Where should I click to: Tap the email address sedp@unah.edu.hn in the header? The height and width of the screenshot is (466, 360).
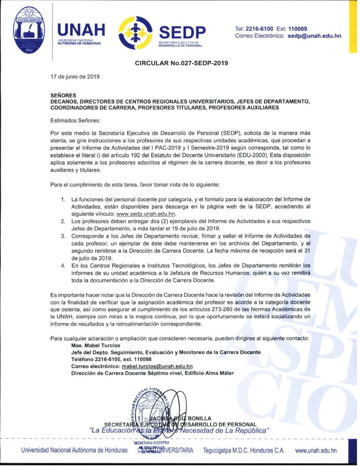point(314,36)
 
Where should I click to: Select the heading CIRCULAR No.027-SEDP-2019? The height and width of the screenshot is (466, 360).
point(181,63)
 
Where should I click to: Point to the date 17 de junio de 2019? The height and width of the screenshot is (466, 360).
point(75,76)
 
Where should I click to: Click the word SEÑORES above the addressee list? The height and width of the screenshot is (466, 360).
point(63,95)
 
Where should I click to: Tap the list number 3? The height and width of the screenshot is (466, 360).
point(63,236)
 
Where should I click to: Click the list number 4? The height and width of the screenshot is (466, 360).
point(63,266)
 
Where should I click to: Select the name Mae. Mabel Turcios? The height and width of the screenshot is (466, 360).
point(95,345)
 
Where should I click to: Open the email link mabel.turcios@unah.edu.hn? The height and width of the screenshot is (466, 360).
point(157,366)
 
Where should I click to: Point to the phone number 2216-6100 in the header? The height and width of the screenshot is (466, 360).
point(259,29)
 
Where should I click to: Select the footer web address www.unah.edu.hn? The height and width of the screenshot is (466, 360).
point(316,450)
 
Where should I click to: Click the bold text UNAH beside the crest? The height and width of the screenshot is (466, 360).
point(81,30)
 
